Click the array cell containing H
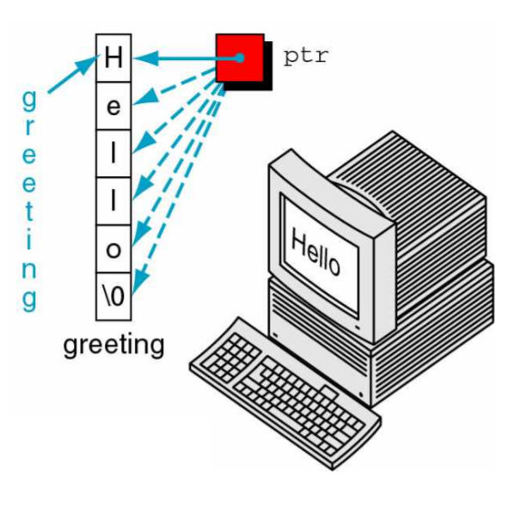tap(113, 58)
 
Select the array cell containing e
tap(113, 106)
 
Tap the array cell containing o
tap(113, 249)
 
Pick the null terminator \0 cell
tap(113, 296)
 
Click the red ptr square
tap(240, 58)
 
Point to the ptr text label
tap(306, 57)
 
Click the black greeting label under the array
tap(113, 345)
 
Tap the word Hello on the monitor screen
tap(315, 252)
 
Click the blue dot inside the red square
tap(241, 58)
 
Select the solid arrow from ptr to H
tap(187, 58)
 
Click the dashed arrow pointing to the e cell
tap(174, 87)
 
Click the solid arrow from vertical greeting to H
tap(74, 74)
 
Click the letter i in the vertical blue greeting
tap(29, 240)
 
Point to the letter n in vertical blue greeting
tap(29, 272)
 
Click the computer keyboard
tap(285, 394)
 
